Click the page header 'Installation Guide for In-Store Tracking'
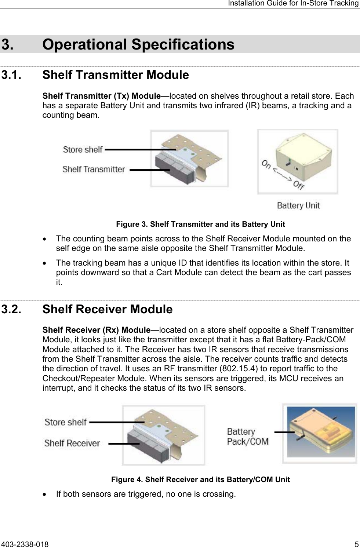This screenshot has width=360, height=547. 293,4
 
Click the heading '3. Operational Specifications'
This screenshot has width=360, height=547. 138,44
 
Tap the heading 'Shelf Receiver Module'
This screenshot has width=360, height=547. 107,309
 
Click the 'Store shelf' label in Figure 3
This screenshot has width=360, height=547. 83,149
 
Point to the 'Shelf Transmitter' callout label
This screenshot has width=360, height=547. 94,169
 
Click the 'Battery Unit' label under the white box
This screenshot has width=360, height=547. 298,205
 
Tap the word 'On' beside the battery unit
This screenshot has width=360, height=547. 267,165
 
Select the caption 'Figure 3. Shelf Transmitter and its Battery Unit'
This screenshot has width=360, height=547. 200,224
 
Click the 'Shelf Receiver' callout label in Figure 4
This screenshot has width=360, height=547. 72,443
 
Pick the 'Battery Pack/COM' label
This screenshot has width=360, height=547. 247,437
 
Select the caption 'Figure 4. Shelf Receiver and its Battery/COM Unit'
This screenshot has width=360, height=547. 200,479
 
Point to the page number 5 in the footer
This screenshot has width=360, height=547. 356,543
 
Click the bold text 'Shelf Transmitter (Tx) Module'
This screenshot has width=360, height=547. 102,96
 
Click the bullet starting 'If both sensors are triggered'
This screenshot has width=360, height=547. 146,494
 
